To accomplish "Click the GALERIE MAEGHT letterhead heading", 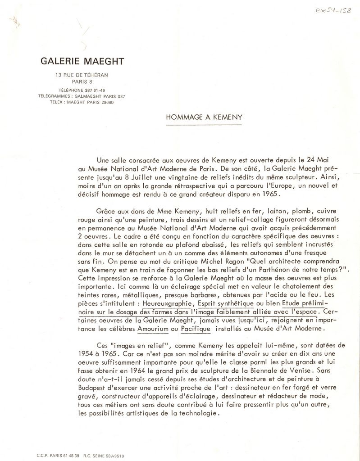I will (82, 61).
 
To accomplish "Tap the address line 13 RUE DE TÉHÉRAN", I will (82, 75).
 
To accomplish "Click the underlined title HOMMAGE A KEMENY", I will (204, 117).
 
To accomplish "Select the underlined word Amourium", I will (153, 329).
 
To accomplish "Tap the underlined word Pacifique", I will (196, 329).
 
